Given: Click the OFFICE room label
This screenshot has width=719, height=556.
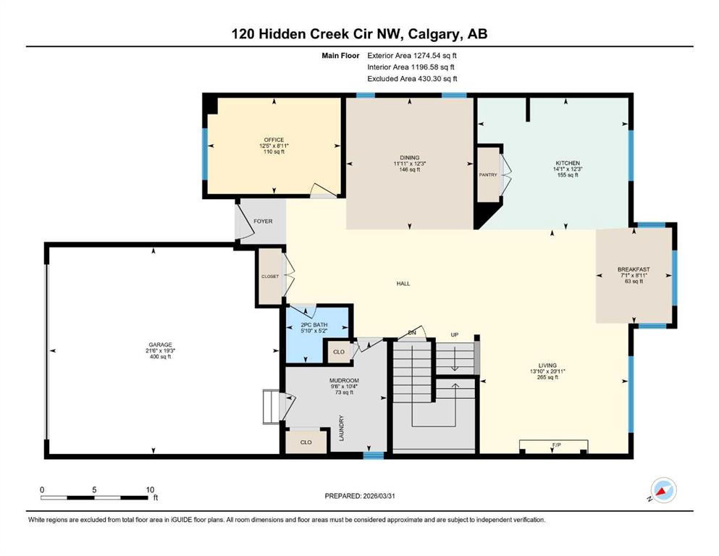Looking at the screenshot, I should (x=274, y=140).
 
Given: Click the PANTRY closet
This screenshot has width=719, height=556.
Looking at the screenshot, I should (x=487, y=174).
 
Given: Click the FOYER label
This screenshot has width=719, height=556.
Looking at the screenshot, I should (x=263, y=221).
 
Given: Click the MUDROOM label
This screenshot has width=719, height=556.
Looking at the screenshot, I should (x=344, y=381).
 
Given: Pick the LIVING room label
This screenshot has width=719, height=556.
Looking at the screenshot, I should (x=547, y=366).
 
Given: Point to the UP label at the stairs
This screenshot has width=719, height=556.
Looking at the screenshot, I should (x=455, y=335).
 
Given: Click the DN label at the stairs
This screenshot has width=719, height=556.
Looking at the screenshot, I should (x=411, y=332).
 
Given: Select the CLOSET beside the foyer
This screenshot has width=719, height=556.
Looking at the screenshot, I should (x=270, y=276).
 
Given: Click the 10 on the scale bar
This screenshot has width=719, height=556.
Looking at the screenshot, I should (x=150, y=489).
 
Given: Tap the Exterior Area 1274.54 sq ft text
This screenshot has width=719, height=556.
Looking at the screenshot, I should (x=412, y=54).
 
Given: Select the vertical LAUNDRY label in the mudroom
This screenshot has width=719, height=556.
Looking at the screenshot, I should (x=340, y=427).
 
